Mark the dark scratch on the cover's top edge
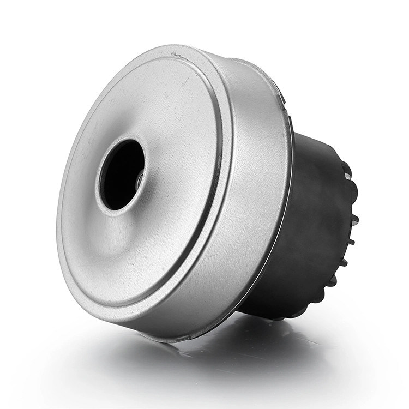click(176, 54)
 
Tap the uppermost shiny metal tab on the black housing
click(347, 176)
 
